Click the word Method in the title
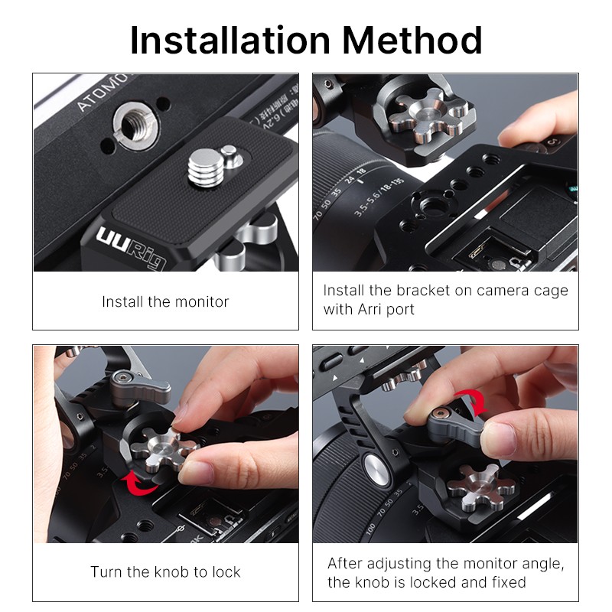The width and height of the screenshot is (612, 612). coord(412,41)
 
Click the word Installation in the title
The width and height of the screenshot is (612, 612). coord(230,41)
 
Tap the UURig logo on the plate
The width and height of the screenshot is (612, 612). coord(131,247)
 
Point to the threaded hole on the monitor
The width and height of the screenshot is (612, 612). coord(134,125)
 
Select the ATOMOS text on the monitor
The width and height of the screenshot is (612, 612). coord(103,92)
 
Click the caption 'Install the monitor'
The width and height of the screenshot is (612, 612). coord(165,301)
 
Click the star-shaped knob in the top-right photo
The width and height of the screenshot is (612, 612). coord(425,116)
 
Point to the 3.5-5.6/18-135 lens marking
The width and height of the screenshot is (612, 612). coord(378,197)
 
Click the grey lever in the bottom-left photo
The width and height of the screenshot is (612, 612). coord(139,386)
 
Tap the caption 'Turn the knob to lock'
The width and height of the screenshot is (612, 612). coord(165,571)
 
